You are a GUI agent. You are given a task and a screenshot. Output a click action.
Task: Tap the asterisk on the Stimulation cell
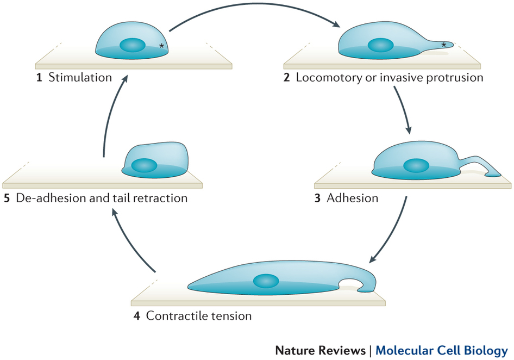click(161, 46)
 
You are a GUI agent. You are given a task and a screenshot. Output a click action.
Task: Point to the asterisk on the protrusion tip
click(444, 45)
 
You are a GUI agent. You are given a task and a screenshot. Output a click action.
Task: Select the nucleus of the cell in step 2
click(380, 45)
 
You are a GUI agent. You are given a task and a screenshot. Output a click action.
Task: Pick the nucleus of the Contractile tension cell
click(266, 281)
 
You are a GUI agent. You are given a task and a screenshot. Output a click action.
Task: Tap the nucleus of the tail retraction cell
click(145, 165)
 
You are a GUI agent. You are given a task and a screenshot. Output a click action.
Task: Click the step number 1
click(39, 77)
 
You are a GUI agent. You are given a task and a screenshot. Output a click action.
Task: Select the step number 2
click(286, 77)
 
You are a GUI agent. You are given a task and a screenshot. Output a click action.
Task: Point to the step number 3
click(317, 198)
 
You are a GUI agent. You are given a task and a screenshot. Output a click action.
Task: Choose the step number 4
click(136, 315)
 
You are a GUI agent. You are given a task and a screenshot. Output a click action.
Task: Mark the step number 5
click(7, 198)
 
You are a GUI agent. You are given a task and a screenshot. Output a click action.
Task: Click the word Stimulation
click(80, 77)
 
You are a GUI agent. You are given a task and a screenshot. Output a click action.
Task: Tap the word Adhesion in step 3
click(353, 198)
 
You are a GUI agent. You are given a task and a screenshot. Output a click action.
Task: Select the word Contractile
click(174, 315)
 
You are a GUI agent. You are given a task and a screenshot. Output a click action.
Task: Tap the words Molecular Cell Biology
click(442, 350)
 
